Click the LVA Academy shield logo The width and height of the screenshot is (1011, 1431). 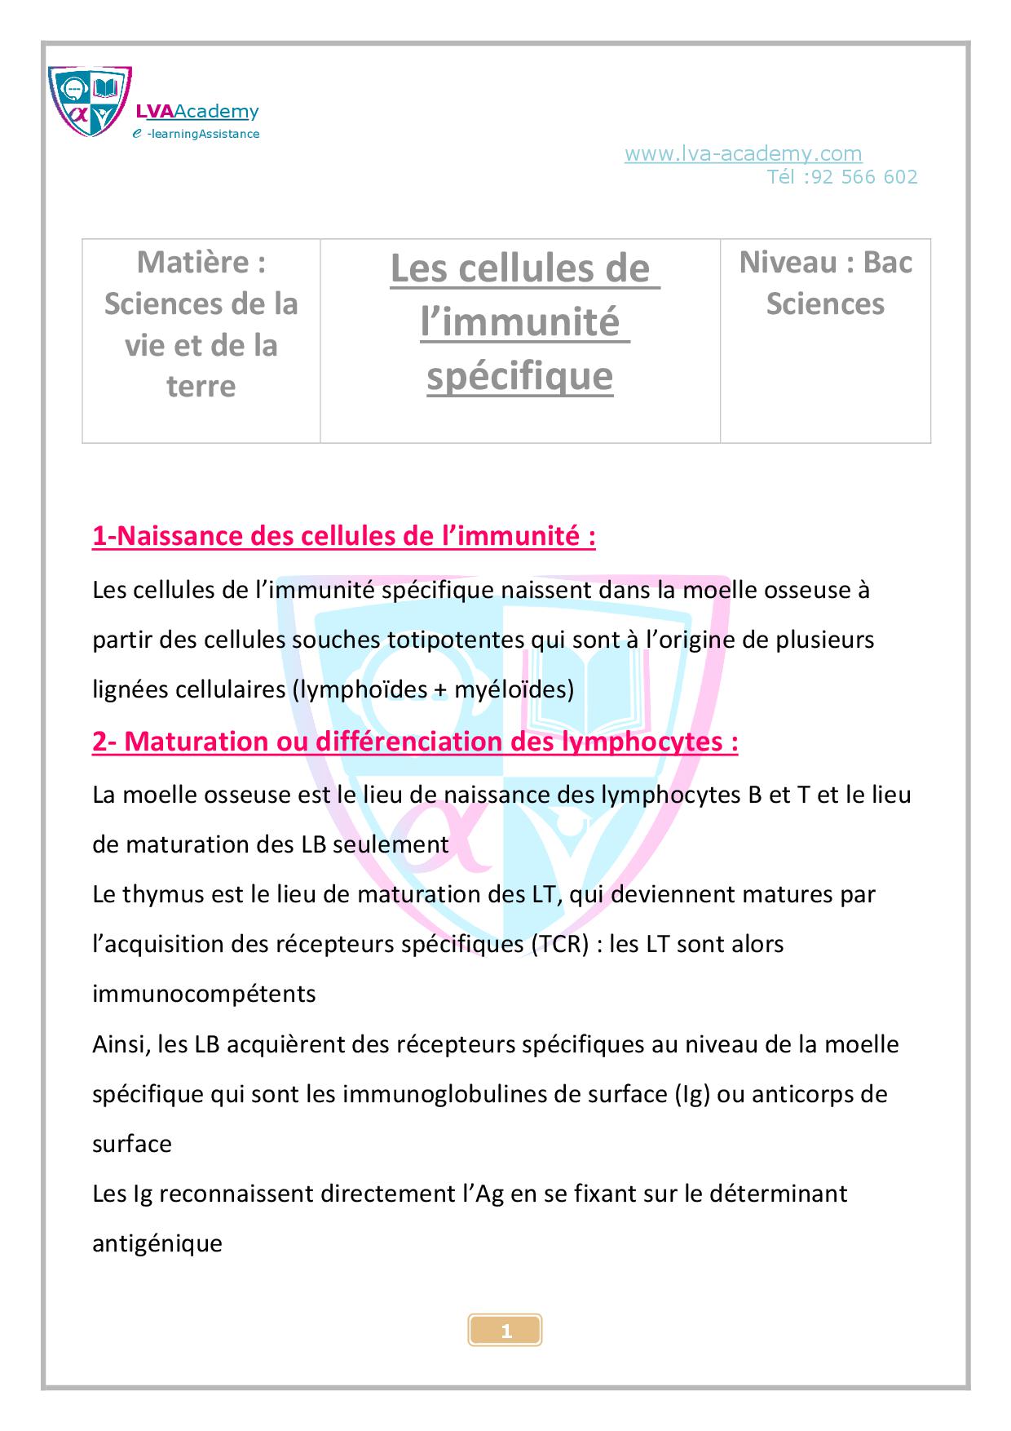[x=90, y=101]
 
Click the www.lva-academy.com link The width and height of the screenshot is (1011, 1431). [x=743, y=153]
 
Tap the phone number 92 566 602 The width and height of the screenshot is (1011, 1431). [x=865, y=177]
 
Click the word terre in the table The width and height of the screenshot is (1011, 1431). [x=201, y=386]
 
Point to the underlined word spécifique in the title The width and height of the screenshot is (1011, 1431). [x=519, y=375]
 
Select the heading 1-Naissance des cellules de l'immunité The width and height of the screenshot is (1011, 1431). [x=343, y=537]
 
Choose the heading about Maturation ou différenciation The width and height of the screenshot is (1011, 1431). [x=415, y=742]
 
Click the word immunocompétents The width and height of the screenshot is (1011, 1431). [x=204, y=995]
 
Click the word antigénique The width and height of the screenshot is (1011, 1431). [x=157, y=1244]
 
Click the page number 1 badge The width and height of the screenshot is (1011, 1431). [x=505, y=1331]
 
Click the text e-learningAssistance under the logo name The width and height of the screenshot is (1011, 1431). [x=196, y=134]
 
